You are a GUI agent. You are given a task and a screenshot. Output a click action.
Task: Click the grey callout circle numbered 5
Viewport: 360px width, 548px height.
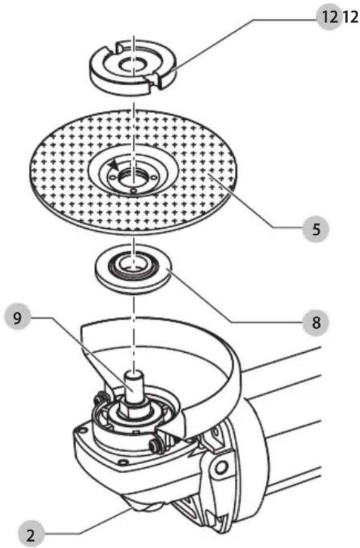[x=316, y=229]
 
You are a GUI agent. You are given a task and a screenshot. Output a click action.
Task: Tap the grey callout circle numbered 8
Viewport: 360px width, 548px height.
[x=316, y=322]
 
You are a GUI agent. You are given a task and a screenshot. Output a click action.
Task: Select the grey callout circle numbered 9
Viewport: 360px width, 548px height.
[x=18, y=318]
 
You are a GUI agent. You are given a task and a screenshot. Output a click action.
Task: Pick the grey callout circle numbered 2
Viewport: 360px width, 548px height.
[x=31, y=534]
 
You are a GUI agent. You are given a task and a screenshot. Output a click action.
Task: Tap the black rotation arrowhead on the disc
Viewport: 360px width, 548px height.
[x=114, y=164]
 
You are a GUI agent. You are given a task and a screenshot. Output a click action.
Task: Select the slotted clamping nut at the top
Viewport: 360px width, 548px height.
[x=134, y=66]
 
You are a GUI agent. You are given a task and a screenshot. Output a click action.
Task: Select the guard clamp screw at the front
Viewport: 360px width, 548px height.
[x=154, y=444]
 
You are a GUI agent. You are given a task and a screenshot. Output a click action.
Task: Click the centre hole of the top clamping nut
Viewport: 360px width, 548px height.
[x=133, y=65]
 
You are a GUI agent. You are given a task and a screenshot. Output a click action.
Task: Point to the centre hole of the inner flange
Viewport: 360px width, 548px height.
[x=133, y=262]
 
